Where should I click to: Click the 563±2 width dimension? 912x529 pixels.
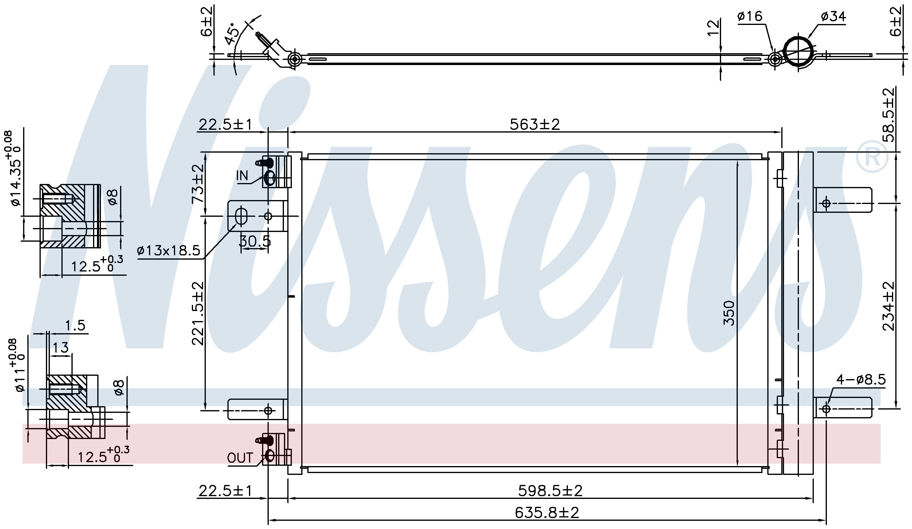[534, 124]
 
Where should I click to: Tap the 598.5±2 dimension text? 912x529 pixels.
[551, 491]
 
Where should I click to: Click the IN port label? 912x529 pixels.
[242, 176]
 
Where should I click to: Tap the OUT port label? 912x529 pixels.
[240, 458]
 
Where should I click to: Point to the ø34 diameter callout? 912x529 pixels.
[833, 16]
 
